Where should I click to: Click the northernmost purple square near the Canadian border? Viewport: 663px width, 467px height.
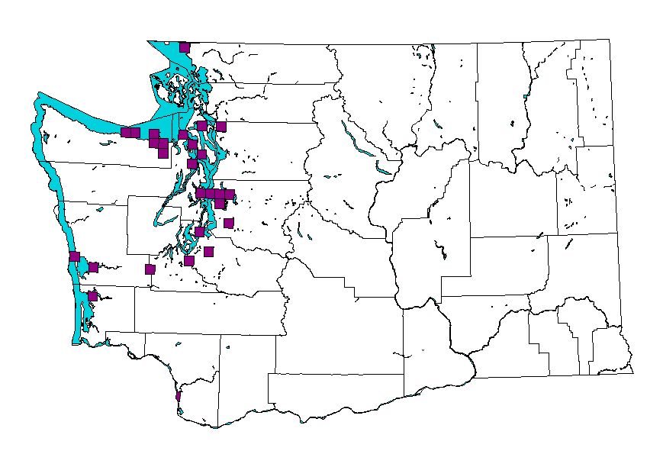(x=184, y=47)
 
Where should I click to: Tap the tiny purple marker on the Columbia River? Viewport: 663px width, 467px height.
(x=178, y=397)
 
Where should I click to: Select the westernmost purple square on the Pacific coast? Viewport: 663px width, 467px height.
(x=74, y=256)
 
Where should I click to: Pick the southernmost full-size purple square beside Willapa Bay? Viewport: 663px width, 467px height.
(x=92, y=296)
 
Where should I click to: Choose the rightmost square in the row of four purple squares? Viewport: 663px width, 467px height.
(x=230, y=195)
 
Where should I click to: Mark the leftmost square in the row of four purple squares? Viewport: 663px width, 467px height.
(x=201, y=194)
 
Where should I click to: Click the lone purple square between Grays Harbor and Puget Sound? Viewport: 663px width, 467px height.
(x=150, y=269)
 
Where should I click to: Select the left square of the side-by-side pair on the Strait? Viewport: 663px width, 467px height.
(x=126, y=132)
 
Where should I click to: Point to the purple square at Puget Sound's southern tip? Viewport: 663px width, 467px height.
(x=188, y=261)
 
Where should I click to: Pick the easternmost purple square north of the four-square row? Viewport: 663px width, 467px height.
(x=221, y=127)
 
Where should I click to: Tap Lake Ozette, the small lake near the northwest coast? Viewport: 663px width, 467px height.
(x=46, y=137)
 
